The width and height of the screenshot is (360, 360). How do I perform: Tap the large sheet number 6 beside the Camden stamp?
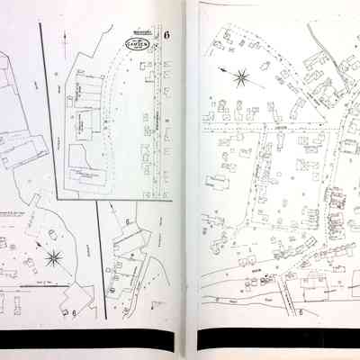[166, 35]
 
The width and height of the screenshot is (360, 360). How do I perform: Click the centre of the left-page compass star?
[53, 259]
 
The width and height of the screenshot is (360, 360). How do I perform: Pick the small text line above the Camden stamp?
[139, 29]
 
